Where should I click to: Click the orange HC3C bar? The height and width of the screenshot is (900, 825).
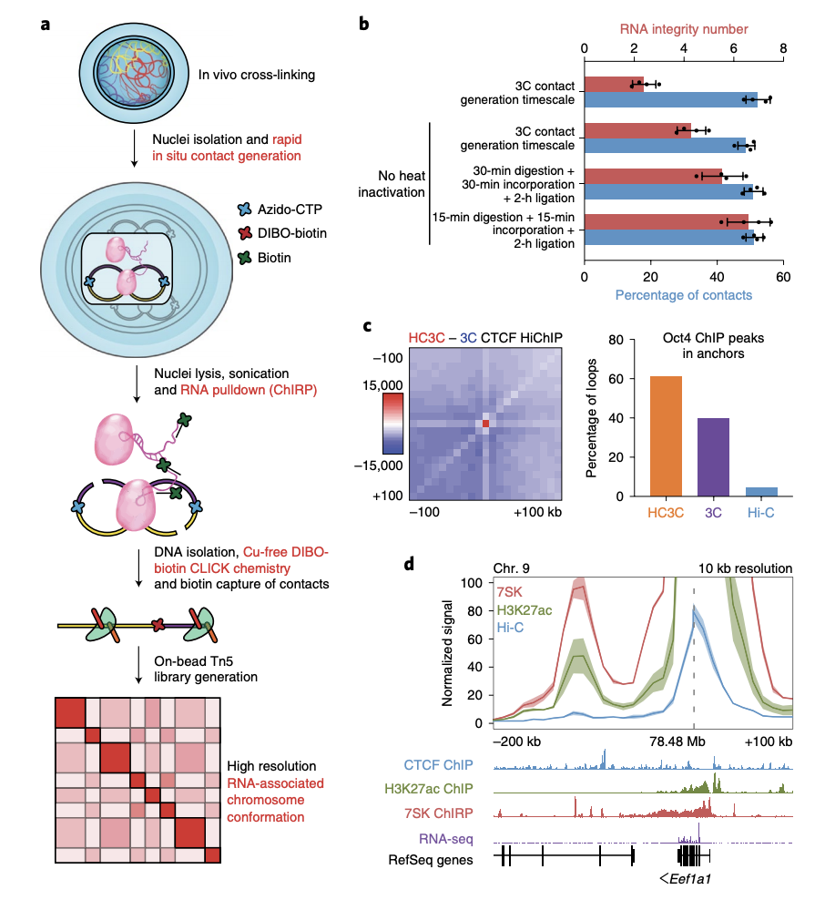click(x=666, y=436)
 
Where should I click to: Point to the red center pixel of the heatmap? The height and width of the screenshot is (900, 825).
click(x=486, y=424)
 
